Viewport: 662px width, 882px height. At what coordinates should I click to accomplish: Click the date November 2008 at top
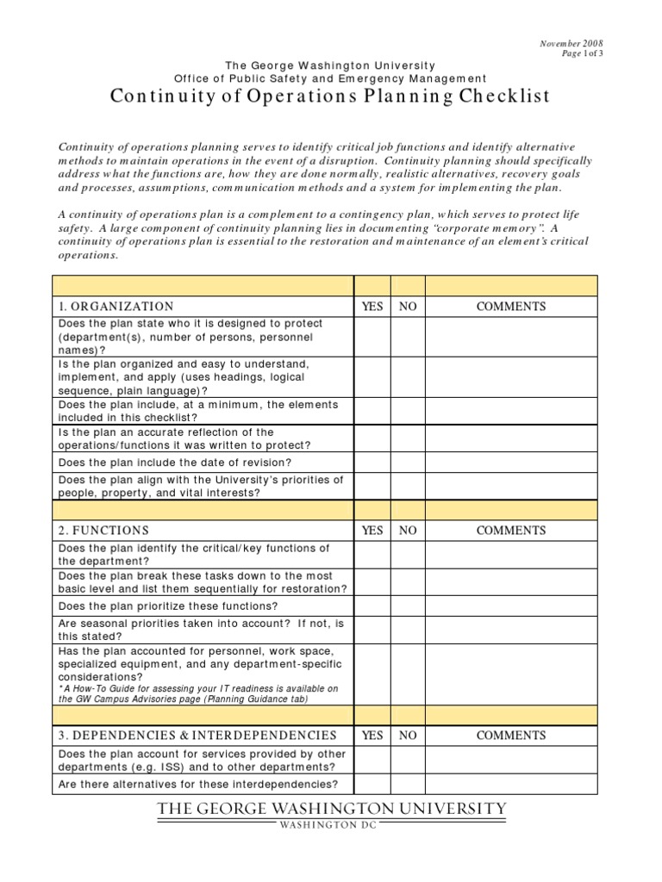click(x=571, y=43)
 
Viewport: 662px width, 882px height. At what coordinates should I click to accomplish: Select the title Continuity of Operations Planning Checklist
click(x=330, y=96)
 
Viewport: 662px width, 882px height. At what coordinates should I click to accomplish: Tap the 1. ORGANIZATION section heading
click(x=116, y=307)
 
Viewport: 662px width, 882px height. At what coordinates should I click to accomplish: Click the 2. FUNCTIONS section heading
click(x=103, y=531)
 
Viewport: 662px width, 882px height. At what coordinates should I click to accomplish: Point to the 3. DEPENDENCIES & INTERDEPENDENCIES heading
click(x=197, y=736)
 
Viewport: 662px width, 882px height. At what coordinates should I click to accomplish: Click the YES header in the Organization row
click(x=372, y=307)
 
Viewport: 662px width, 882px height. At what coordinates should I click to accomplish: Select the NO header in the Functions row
click(x=408, y=531)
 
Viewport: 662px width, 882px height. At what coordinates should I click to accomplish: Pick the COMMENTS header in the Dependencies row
click(x=511, y=736)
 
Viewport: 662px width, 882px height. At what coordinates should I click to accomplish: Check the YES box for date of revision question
click(x=372, y=463)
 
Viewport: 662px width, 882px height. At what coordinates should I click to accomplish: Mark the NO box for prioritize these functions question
click(x=408, y=606)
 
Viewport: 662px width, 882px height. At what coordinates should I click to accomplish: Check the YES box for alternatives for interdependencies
click(x=372, y=784)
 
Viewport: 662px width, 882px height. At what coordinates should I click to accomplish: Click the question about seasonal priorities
click(x=202, y=630)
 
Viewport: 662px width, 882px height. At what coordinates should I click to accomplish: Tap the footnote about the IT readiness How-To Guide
click(x=198, y=694)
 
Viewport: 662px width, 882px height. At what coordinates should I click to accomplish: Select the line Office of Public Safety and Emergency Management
click(x=330, y=78)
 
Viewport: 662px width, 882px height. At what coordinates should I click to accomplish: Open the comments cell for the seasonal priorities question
click(x=511, y=630)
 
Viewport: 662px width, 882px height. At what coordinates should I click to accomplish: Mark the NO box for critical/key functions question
click(x=408, y=555)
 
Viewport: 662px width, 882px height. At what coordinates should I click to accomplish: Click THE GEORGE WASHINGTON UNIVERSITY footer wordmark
click(x=331, y=809)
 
